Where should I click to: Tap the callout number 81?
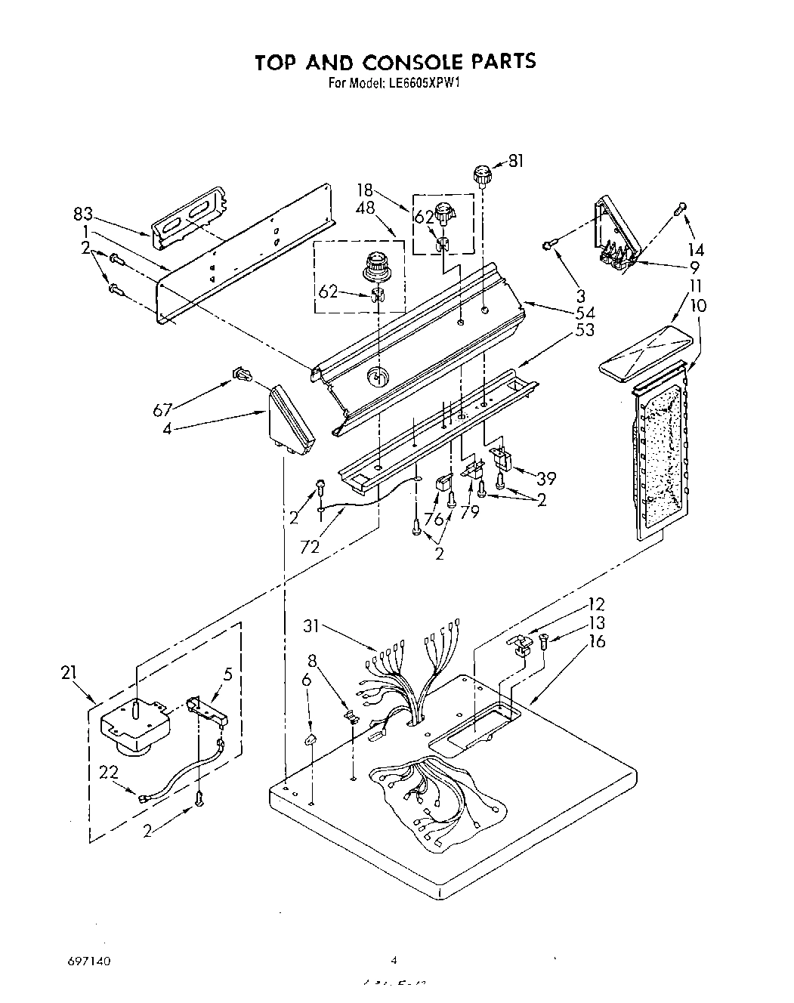pos(515,160)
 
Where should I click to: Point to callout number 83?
pos(82,214)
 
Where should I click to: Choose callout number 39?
pos(545,477)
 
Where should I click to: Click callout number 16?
pos(597,641)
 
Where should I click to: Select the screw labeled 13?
pos(545,642)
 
